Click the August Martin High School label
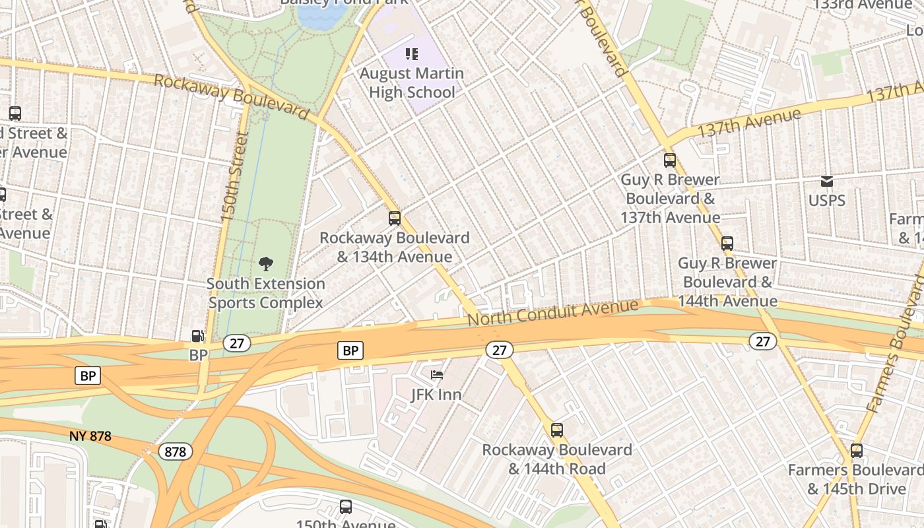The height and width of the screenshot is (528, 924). (x=412, y=82)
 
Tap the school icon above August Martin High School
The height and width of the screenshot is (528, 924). (x=412, y=53)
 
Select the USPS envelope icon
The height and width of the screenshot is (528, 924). (x=826, y=181)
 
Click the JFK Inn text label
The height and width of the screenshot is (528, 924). (x=436, y=395)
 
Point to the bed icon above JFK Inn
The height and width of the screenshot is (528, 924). (x=436, y=375)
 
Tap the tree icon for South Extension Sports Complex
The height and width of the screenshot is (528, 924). (x=266, y=264)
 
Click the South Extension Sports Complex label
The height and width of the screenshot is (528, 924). (x=266, y=293)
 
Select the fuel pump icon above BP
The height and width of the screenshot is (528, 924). (x=197, y=336)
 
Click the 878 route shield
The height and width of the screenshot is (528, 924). (x=176, y=451)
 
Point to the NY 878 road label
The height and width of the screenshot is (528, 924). (x=90, y=436)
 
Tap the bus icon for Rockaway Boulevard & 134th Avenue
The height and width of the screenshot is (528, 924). (x=395, y=218)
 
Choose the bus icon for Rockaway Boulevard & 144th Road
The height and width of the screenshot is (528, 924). (x=557, y=430)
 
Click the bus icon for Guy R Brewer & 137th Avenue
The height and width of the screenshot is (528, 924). (x=670, y=160)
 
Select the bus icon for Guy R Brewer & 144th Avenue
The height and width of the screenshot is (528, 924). (x=727, y=243)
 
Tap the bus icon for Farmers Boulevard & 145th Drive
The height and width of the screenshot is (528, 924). (x=857, y=451)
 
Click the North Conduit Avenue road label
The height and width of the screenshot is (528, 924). (x=553, y=312)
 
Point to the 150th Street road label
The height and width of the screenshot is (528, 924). (x=234, y=176)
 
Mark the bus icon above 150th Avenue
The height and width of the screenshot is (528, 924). (x=346, y=507)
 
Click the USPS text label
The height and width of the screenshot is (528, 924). (x=826, y=200)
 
